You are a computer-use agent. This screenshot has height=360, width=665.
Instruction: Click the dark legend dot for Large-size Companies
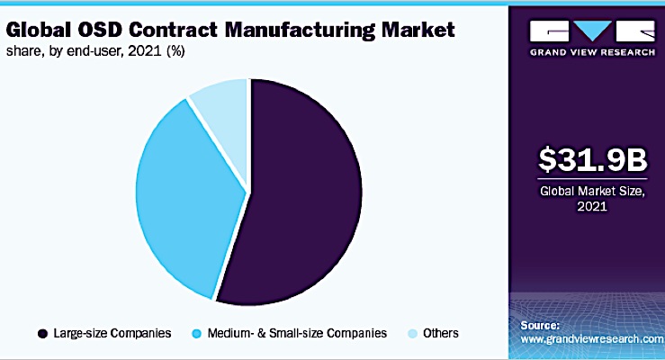[x=42, y=333]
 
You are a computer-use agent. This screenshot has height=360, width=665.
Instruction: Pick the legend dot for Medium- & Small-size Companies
[x=197, y=333]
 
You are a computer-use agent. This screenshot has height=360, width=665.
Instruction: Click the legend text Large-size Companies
[x=112, y=333]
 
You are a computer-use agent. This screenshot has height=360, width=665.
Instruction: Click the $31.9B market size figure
[x=589, y=159]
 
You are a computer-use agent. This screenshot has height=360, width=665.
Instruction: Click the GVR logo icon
[x=589, y=31]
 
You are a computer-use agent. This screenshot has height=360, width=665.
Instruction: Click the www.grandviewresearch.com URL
[x=592, y=339]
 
